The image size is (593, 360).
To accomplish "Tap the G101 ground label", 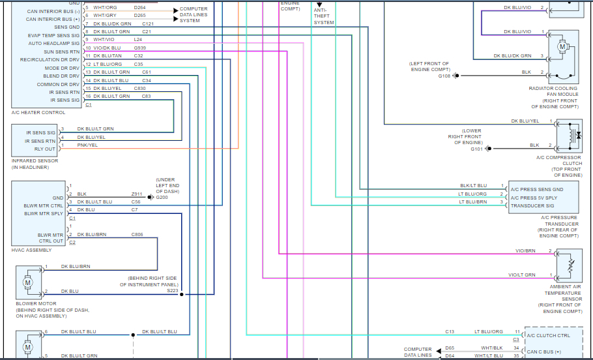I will point(478,149).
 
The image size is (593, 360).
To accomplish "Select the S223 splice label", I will point(172,291).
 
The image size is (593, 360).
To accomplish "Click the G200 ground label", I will point(162,196).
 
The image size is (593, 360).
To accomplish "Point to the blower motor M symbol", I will point(27,282).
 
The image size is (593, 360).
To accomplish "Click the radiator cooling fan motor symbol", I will point(562,47).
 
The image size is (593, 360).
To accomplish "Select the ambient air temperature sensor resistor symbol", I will point(571,266).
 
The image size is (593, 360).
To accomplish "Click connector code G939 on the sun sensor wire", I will point(140,48).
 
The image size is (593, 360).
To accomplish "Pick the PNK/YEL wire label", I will point(87,145).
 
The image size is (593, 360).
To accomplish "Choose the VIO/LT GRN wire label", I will point(522,275).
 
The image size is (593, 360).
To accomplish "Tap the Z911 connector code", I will point(136,194).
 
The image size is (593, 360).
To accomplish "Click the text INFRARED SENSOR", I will point(35,160).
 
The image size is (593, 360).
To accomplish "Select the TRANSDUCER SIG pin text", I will point(533,205).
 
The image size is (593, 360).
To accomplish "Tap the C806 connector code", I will point(137,233).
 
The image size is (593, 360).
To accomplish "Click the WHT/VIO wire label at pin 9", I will point(104,39).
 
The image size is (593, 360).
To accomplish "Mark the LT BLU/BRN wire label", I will point(472,202).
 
